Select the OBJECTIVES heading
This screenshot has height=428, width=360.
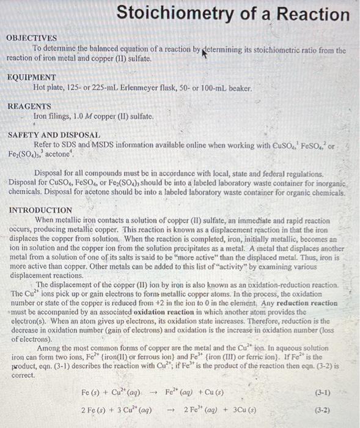[31, 38]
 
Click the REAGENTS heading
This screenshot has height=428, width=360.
[29, 106]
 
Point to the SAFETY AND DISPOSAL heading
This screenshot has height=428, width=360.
[53, 135]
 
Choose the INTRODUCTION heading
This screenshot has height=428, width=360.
[40, 210]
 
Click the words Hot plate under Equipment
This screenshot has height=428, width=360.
[50, 88]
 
